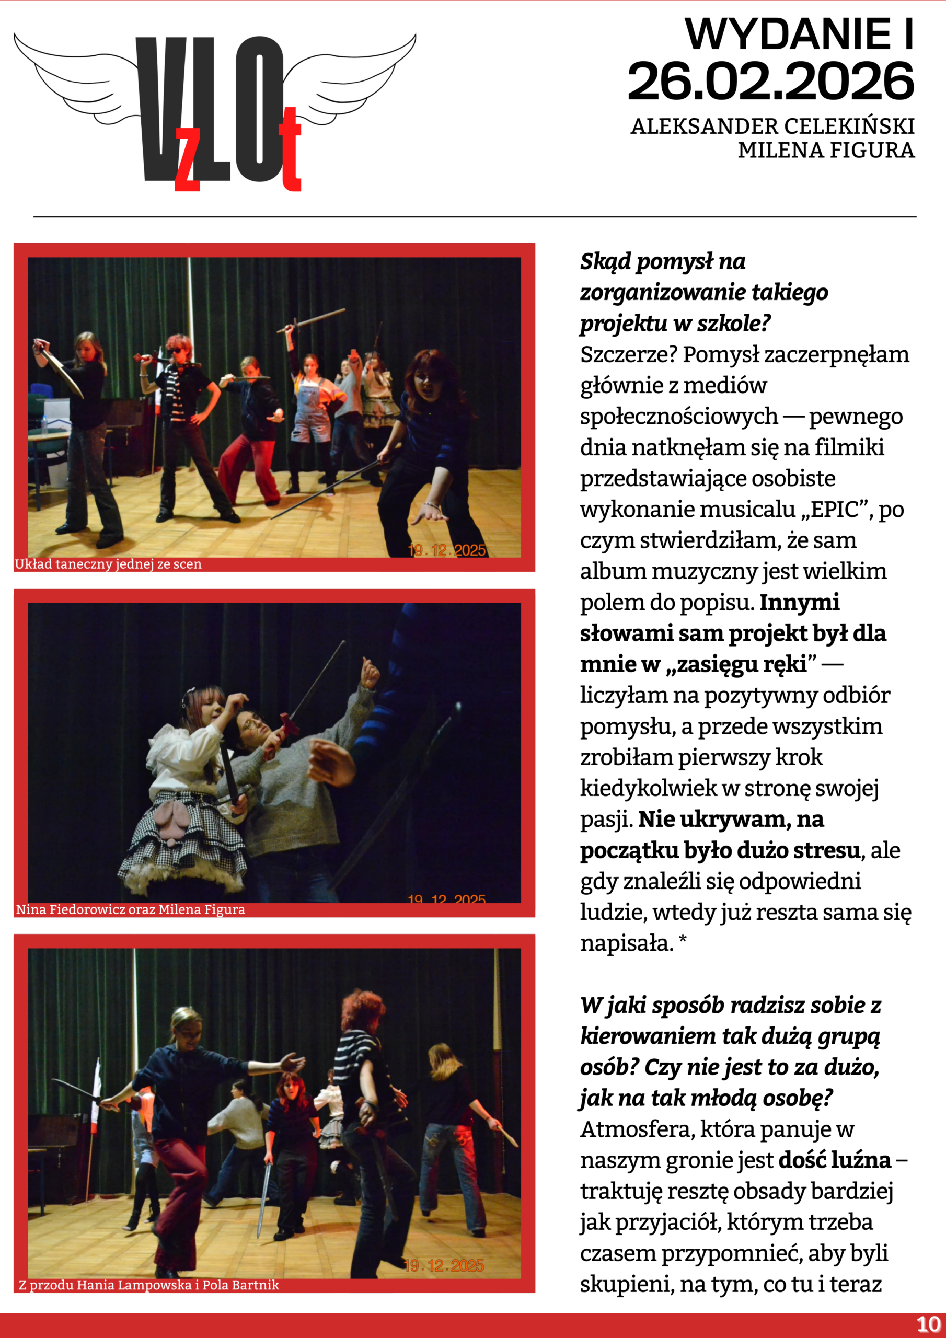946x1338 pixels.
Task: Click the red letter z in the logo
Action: (188, 158)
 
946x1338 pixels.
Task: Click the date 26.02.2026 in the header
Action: (770, 81)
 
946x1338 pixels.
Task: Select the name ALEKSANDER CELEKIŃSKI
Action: (772, 126)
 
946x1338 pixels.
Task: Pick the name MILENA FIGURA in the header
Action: (826, 151)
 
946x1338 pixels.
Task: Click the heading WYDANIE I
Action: (799, 34)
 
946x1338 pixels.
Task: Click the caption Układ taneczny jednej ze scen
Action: (108, 564)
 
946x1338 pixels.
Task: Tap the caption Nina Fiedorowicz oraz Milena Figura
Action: (131, 909)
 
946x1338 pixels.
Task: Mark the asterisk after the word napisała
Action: (683, 939)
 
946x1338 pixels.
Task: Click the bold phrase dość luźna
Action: (834, 1160)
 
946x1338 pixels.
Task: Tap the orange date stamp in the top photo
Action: (446, 550)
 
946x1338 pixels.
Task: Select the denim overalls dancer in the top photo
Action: (310, 408)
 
